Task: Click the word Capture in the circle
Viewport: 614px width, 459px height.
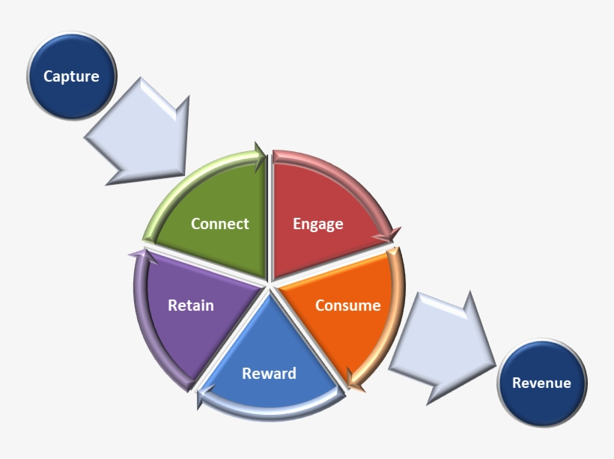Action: point(71,76)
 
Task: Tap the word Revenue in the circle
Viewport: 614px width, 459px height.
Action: point(541,383)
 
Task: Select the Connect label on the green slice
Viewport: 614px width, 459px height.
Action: point(220,224)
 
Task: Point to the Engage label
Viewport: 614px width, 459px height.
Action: point(318,224)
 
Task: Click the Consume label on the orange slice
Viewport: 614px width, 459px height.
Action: point(347,306)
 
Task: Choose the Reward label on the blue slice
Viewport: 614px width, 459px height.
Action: point(269,374)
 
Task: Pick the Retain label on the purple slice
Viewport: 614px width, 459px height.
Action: point(191,306)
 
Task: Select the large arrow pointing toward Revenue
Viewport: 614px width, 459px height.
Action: point(442,344)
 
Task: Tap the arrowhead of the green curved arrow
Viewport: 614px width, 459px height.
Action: point(260,156)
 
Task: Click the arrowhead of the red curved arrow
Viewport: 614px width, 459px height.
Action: point(387,236)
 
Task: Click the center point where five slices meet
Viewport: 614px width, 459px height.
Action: point(269,285)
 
